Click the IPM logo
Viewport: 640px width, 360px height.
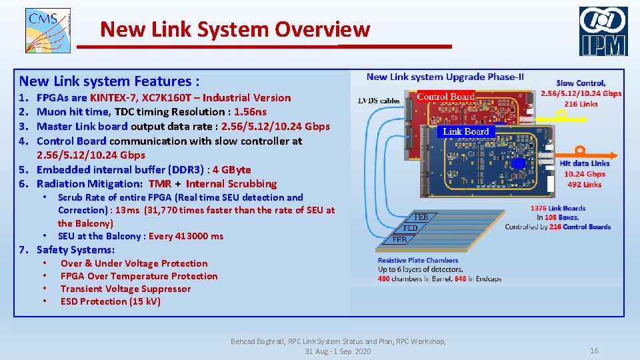tap(603, 31)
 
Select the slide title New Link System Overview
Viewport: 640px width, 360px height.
tap(235, 29)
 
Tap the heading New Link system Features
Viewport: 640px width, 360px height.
tap(109, 81)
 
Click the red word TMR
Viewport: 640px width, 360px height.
tap(160, 184)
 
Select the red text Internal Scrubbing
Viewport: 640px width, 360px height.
tap(231, 184)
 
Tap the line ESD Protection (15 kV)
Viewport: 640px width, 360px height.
tap(111, 301)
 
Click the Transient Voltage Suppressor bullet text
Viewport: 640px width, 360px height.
tap(125, 289)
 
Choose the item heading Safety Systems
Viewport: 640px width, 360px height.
tap(75, 250)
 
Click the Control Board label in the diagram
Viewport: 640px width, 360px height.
tap(445, 97)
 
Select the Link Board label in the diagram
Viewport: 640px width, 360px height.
tap(466, 131)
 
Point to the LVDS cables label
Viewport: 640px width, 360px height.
tap(379, 101)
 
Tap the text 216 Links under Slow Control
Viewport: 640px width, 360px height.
tap(581, 104)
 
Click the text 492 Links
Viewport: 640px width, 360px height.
tap(585, 185)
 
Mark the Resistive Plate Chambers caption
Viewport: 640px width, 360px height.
tap(418, 260)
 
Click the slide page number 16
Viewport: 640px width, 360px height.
tap(594, 351)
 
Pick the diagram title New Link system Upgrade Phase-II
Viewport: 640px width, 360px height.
tap(445, 77)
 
